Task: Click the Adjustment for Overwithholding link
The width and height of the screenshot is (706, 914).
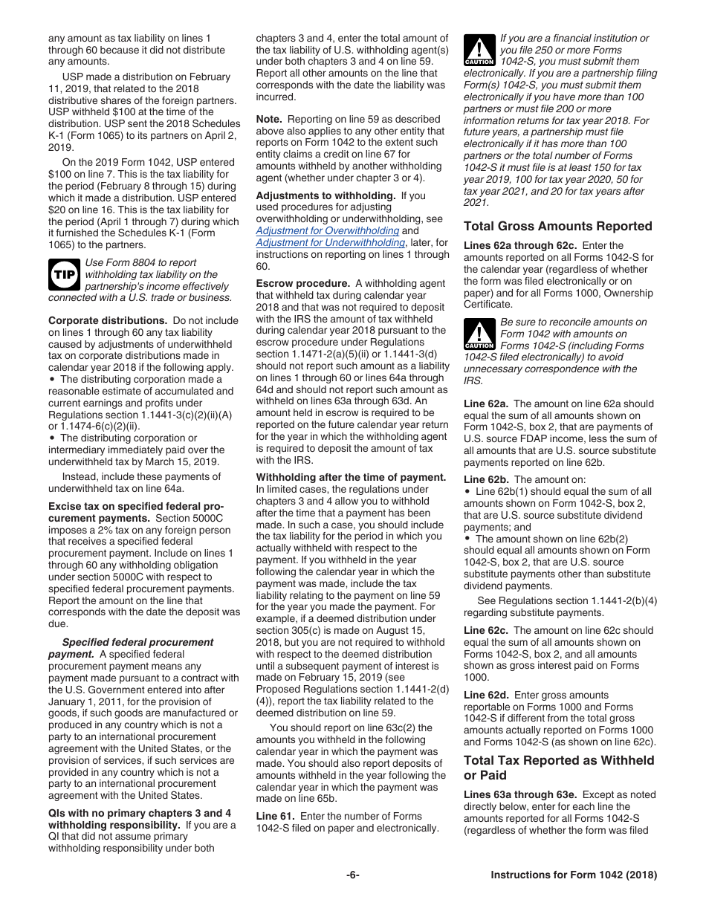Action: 317,231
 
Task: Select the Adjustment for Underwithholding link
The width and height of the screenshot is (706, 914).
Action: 330,243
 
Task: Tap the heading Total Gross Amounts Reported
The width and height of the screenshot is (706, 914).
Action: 557,227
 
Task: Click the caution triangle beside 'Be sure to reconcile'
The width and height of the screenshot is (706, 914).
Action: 479,334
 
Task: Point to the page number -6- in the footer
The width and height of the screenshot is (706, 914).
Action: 352,875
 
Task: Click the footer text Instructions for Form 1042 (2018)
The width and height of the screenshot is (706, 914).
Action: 574,875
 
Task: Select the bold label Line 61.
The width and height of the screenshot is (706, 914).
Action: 276,817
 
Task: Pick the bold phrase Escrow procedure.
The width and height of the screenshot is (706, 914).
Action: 302,284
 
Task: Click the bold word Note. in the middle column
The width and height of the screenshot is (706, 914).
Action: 269,119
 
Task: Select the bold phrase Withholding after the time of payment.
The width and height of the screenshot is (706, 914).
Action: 351,477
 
